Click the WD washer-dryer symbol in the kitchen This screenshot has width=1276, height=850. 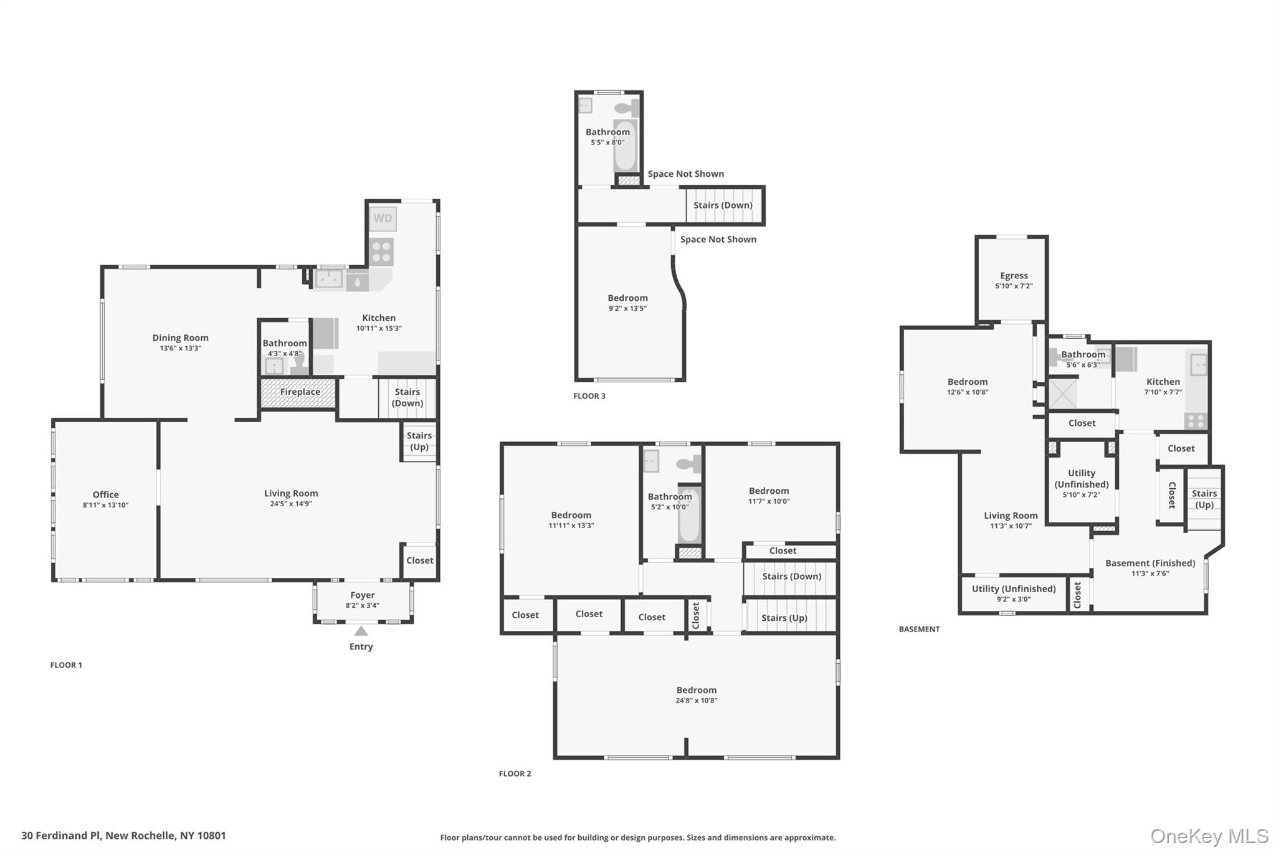click(383, 219)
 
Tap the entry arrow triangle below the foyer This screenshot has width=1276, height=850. click(361, 631)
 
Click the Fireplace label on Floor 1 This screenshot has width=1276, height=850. click(300, 392)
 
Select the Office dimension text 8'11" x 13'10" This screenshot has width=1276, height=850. click(105, 505)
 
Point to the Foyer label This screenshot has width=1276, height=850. click(362, 595)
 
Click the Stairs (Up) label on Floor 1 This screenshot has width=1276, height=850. click(419, 441)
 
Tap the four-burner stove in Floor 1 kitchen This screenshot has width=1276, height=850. click(381, 252)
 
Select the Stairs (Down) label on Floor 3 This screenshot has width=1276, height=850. click(723, 205)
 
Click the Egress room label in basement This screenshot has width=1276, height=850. click(1014, 276)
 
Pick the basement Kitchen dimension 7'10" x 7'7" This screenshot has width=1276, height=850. click(1163, 392)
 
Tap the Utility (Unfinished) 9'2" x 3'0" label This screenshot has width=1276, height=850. click(1013, 589)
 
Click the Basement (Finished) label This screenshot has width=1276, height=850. click(1150, 564)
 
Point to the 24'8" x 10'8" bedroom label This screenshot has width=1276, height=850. click(696, 701)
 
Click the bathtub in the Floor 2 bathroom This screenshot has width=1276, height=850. click(689, 516)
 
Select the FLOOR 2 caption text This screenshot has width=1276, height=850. click(515, 774)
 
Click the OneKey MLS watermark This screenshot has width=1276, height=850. click(1209, 836)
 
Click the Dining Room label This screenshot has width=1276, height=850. click(180, 338)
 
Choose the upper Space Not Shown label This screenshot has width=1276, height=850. click(685, 174)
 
